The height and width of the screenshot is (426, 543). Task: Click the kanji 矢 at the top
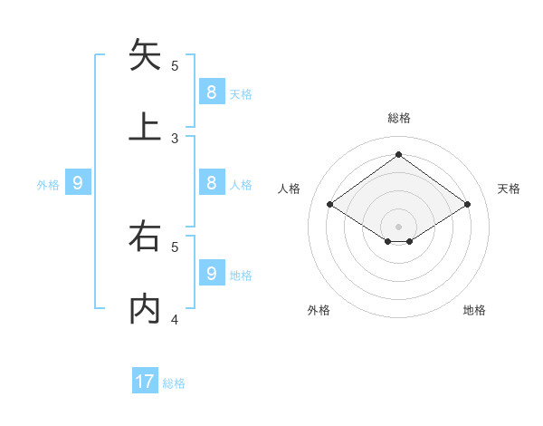point(145,54)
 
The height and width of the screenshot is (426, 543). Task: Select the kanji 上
point(145,127)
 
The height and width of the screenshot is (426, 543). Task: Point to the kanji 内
point(145,309)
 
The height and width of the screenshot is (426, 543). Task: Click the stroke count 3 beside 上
point(175,138)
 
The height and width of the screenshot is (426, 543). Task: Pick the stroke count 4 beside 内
point(175,319)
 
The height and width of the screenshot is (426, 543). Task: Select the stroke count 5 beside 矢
point(175,65)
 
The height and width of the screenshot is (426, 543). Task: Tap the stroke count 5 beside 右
point(175,246)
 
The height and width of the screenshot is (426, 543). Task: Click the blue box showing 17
point(145,382)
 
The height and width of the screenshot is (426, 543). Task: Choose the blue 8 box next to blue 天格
point(212,92)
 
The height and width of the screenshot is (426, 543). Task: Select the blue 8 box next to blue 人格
point(212,182)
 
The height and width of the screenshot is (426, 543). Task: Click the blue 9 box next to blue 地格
point(212,273)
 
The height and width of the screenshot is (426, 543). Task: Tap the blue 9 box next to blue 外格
point(78,183)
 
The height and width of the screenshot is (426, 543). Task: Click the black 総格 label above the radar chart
point(399,118)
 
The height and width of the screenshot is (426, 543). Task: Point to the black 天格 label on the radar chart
point(509,189)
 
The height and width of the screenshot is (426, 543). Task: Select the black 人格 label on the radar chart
point(289,189)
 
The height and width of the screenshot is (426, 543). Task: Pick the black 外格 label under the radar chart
point(319,310)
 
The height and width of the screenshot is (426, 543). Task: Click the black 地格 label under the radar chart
point(474,310)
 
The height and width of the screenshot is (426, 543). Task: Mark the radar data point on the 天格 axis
point(467,205)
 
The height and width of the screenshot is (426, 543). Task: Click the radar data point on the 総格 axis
point(398,154)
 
